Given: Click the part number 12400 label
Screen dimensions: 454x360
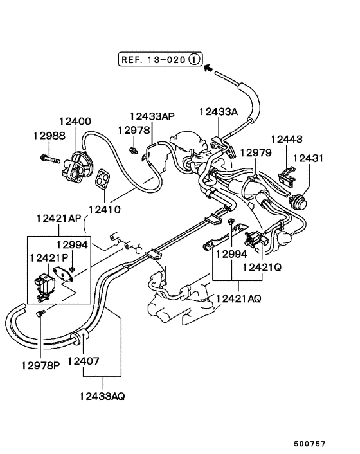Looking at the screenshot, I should pyautogui.click(x=75, y=121).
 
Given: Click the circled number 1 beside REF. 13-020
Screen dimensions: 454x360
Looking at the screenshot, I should pyautogui.click(x=195, y=60).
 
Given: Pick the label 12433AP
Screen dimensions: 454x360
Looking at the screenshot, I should pyautogui.click(x=152, y=116).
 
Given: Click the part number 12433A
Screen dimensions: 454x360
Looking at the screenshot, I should pyautogui.click(x=218, y=111).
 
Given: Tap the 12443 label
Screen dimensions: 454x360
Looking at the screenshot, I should pyautogui.click(x=287, y=139).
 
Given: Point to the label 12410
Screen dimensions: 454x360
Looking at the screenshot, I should pyautogui.click(x=104, y=209).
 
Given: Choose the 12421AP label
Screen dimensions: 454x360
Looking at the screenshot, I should pyautogui.click(x=59, y=219).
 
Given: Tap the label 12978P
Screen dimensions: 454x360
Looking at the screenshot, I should pyautogui.click(x=40, y=366).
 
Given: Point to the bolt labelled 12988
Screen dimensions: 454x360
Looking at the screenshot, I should pyautogui.click(x=52, y=157).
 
